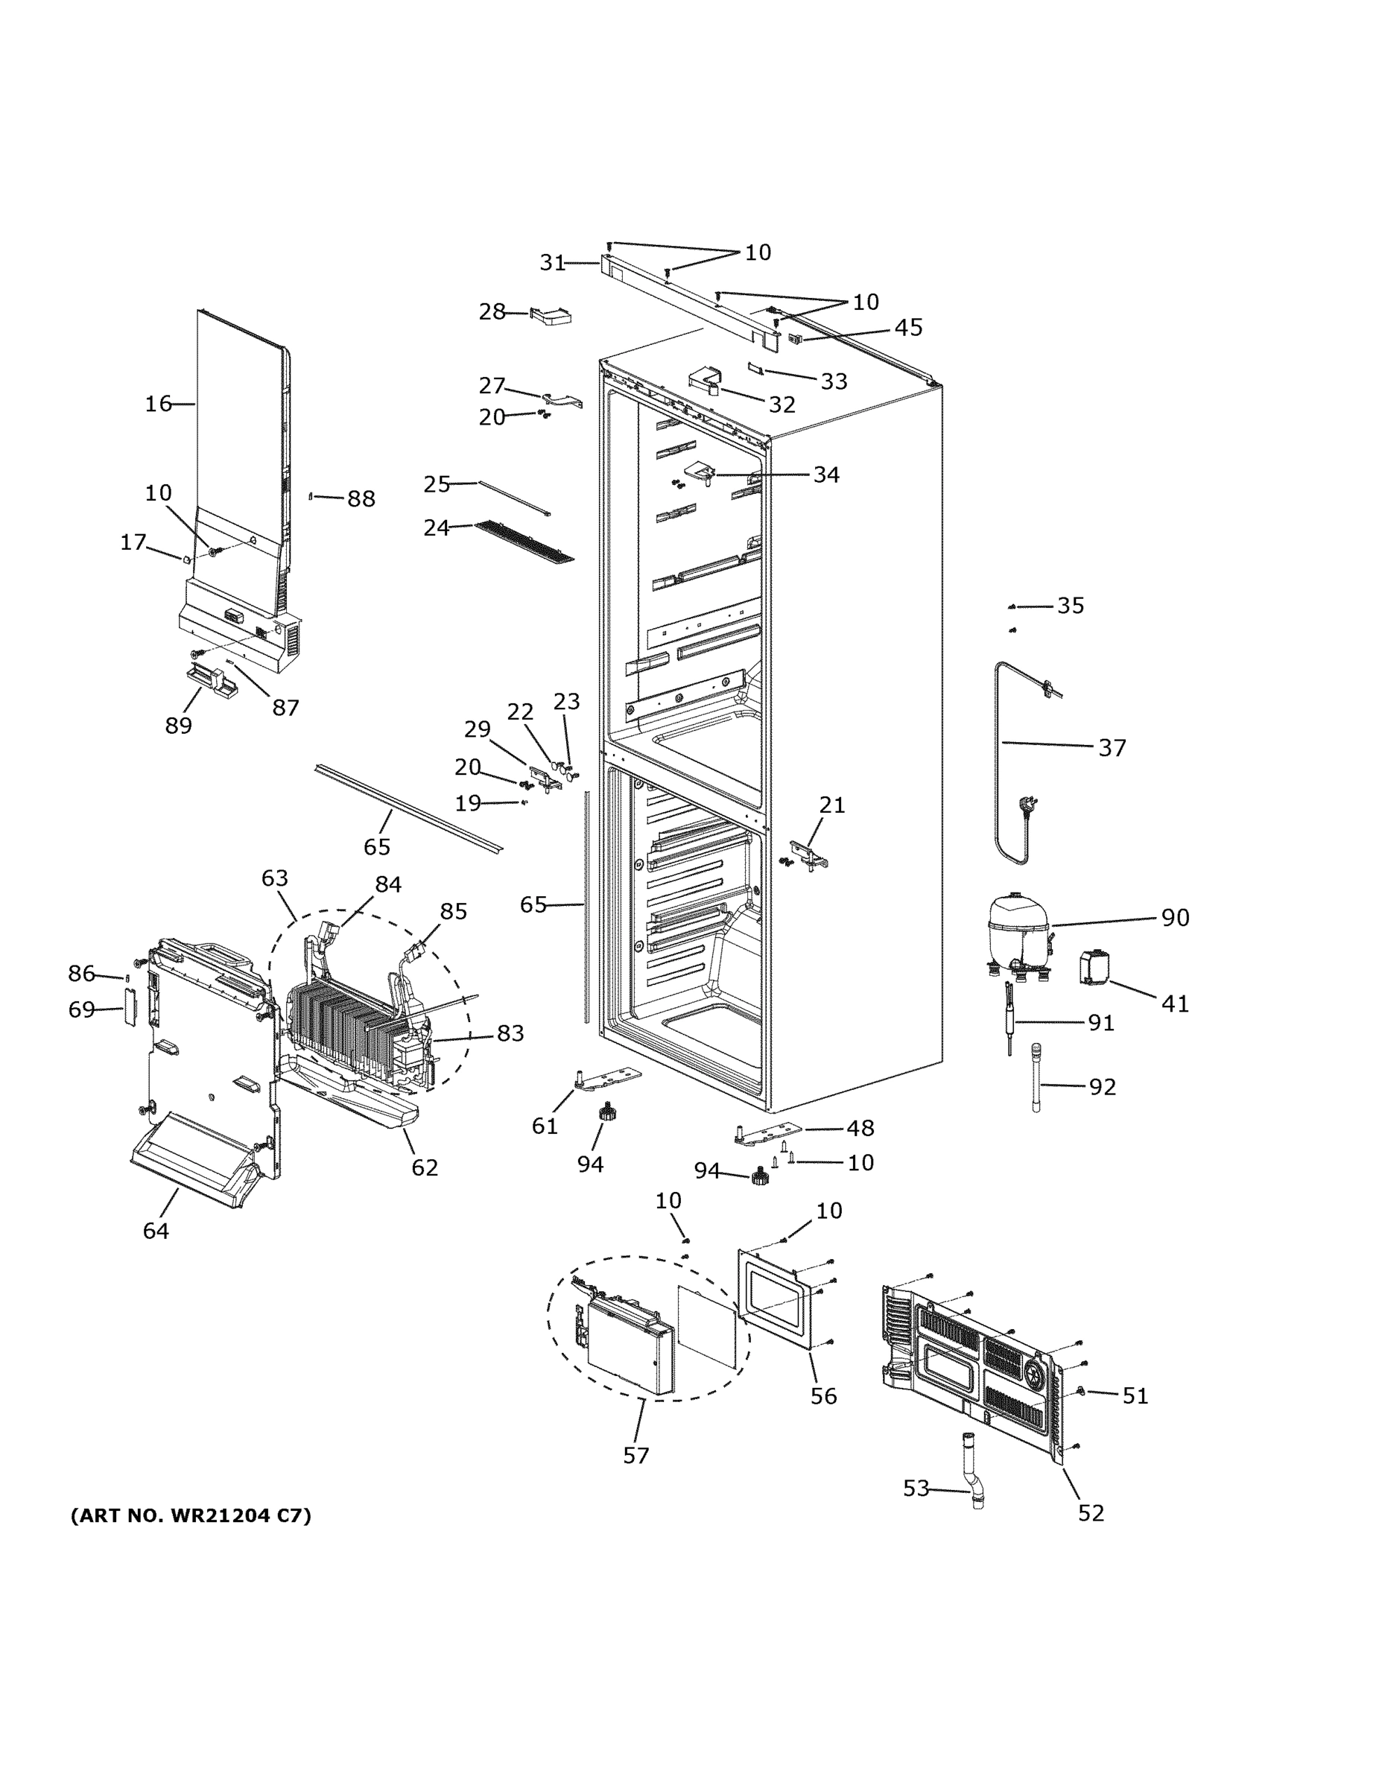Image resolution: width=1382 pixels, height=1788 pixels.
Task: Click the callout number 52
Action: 1091,1513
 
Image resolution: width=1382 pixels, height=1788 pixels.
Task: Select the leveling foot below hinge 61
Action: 606,1112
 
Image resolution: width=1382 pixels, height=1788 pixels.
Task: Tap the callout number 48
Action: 860,1128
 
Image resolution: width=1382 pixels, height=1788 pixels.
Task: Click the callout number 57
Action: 635,1455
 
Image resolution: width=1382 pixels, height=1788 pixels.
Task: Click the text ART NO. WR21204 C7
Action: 191,1515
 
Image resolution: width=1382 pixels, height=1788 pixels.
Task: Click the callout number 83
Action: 510,1033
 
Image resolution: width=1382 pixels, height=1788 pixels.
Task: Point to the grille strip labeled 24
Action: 524,542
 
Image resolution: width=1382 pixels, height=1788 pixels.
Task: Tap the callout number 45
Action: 908,328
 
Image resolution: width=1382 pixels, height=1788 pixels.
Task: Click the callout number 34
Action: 825,474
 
